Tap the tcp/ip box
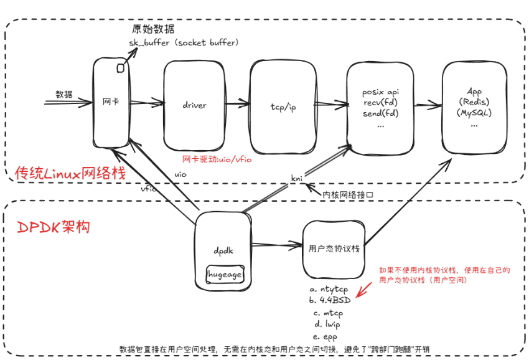click(x=283, y=107)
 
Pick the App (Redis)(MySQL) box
click(x=474, y=107)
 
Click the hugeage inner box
click(x=225, y=274)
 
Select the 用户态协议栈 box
click(x=334, y=247)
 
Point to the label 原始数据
click(x=153, y=29)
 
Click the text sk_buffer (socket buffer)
click(x=184, y=42)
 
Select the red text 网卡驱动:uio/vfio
click(x=217, y=159)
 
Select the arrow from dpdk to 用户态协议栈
click(x=277, y=245)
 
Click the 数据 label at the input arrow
click(x=64, y=95)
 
